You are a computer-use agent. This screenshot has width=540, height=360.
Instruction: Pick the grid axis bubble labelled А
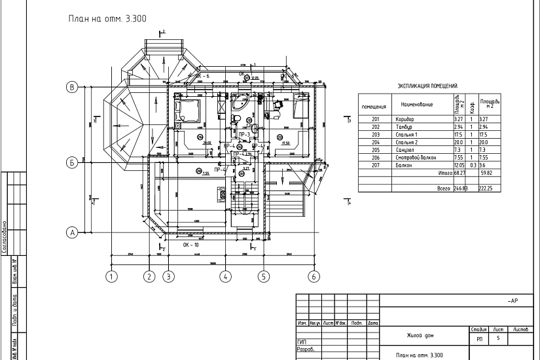(73, 232)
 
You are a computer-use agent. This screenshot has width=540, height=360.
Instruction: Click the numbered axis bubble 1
(112, 276)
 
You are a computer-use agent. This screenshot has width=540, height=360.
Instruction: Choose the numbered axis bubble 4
(226, 276)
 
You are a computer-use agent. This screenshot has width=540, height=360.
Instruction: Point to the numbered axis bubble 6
(314, 276)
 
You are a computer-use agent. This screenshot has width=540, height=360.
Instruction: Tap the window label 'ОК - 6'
(202, 77)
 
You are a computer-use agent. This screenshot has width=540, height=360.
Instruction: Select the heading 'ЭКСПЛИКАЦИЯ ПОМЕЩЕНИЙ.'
(428, 86)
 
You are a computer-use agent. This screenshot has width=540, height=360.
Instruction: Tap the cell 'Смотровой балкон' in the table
(415, 157)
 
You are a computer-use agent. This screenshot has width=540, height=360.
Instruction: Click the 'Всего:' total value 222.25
(485, 188)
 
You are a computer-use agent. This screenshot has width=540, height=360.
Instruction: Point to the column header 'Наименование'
(418, 105)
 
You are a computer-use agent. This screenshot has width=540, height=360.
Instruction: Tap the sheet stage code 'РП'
(478, 339)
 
